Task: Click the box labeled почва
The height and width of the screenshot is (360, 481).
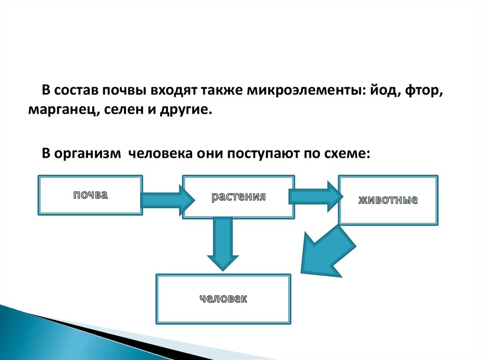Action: tap(90, 195)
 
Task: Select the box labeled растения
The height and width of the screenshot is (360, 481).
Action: tap(239, 197)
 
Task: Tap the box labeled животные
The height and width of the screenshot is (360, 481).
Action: tap(388, 200)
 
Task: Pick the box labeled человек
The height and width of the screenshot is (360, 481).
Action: tap(223, 299)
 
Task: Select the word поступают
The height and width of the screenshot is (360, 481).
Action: tap(263, 153)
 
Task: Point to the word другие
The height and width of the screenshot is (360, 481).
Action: tap(186, 111)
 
